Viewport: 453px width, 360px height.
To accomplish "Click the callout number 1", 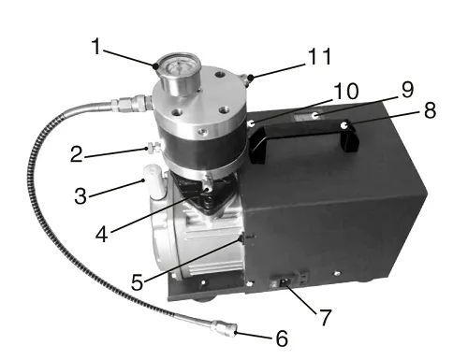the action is [x=97, y=47].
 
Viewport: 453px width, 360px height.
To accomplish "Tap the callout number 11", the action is [x=319, y=56].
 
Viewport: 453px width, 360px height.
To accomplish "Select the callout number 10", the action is [x=346, y=91].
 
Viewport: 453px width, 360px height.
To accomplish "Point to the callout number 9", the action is [x=407, y=90].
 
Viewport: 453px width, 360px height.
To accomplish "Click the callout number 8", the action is [x=430, y=110].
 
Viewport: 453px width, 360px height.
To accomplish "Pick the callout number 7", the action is [x=325, y=318].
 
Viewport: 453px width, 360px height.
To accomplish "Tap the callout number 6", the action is [x=282, y=338].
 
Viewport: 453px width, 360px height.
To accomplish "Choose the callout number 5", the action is [x=138, y=282].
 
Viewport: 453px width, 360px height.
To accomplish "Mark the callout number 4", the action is [x=102, y=235].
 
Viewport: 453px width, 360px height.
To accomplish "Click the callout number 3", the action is [x=80, y=196].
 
